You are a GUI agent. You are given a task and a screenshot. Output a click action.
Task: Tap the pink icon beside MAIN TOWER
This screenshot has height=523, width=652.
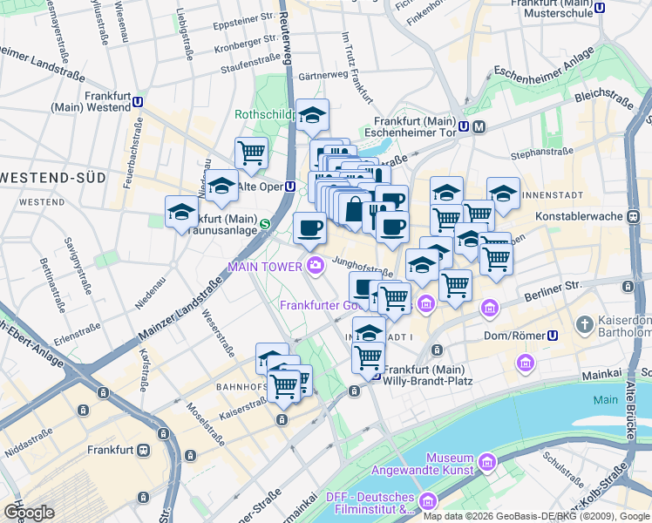(313, 265)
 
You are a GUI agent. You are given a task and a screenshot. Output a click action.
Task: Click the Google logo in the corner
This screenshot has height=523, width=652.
(28, 513)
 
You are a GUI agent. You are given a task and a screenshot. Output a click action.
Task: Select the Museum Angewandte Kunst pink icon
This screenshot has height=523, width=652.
(486, 459)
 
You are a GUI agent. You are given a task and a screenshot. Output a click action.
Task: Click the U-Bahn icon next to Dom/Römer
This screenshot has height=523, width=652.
(552, 335)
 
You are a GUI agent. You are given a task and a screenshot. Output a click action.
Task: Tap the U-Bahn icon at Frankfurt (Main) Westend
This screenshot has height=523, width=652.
(139, 102)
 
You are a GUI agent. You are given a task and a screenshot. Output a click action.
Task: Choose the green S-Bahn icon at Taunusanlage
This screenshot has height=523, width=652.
(265, 224)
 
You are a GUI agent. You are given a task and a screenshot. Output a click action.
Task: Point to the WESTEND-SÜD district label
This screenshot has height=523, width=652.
(54, 177)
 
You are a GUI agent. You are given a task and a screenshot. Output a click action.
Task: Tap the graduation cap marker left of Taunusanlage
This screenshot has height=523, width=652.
(182, 212)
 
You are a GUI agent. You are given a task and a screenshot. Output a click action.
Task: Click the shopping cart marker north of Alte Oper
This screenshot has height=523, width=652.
(251, 152)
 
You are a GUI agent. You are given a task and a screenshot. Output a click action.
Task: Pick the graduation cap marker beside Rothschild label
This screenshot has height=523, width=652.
(311, 115)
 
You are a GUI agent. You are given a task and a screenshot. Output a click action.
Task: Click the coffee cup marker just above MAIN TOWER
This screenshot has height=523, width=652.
(309, 229)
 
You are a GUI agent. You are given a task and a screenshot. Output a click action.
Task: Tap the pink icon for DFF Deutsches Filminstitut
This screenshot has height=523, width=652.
(427, 501)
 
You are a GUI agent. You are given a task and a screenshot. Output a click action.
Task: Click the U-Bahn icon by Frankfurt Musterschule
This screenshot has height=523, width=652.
(599, 8)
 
